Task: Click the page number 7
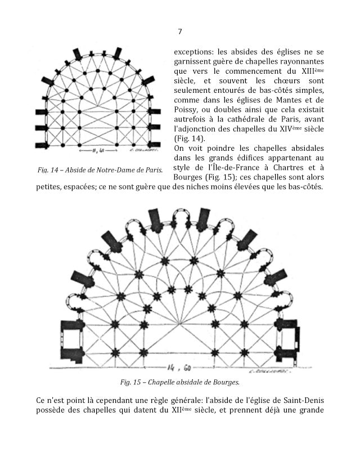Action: [x=179, y=32]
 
